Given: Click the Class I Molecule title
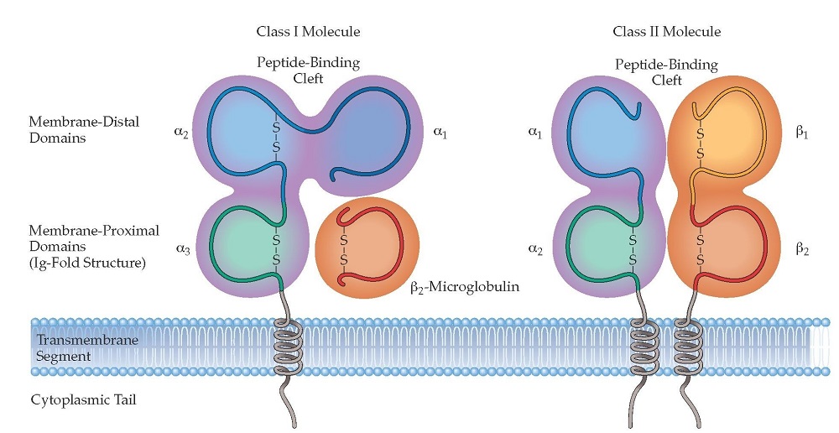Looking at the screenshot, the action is pyautogui.click(x=308, y=32).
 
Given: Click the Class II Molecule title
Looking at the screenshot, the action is pyautogui.click(x=667, y=32).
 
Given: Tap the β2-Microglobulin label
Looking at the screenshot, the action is pyautogui.click(x=465, y=287).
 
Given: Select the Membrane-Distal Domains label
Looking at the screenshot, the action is pyautogui.click(x=84, y=129).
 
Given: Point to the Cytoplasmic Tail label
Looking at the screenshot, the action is pyautogui.click(x=83, y=399).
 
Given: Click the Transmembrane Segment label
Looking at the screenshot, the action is pyautogui.click(x=80, y=348).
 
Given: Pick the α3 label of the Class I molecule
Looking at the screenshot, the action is pyautogui.click(x=182, y=249).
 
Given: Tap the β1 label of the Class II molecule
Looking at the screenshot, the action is pyautogui.click(x=801, y=132).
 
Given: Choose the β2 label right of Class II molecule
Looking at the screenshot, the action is pyautogui.click(x=802, y=248).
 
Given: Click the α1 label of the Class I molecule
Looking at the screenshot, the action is pyautogui.click(x=440, y=132).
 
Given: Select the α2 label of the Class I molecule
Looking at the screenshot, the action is pyautogui.click(x=181, y=132).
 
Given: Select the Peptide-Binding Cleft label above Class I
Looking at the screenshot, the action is pyautogui.click(x=308, y=70).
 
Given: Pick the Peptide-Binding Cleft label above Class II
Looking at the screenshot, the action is pyautogui.click(x=666, y=72).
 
